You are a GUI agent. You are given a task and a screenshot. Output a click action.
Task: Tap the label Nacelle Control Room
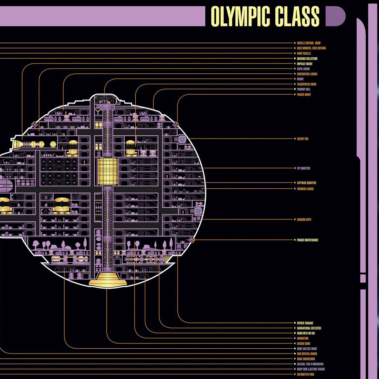(x=308, y=43)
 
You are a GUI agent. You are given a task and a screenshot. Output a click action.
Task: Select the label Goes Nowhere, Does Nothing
(x=311, y=48)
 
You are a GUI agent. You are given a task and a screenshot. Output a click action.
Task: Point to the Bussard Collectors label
(x=307, y=59)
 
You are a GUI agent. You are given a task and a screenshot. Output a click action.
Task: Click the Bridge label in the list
(x=300, y=79)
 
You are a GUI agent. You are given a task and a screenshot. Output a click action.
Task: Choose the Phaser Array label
(x=304, y=94)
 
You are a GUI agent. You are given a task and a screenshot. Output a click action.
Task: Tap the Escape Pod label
(x=302, y=139)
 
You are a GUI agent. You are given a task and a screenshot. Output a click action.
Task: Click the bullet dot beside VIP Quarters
(x=295, y=168)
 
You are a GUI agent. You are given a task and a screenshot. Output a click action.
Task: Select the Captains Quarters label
(x=306, y=183)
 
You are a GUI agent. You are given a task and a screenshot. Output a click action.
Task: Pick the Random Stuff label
(x=304, y=219)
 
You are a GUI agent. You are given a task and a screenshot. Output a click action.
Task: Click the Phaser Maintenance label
(x=307, y=240)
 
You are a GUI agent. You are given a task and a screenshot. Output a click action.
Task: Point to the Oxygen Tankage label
(x=305, y=323)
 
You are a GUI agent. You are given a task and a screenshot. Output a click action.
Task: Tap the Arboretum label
(x=302, y=338)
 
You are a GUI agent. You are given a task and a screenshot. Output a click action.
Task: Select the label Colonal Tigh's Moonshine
(x=310, y=364)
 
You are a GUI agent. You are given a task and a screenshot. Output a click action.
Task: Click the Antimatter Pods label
(x=305, y=374)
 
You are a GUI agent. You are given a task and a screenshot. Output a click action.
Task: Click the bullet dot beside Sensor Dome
(x=295, y=343)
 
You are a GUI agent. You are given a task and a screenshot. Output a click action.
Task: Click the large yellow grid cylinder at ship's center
(x=107, y=171)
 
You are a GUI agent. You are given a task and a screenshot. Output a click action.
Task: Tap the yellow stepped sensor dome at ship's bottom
(x=108, y=279)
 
